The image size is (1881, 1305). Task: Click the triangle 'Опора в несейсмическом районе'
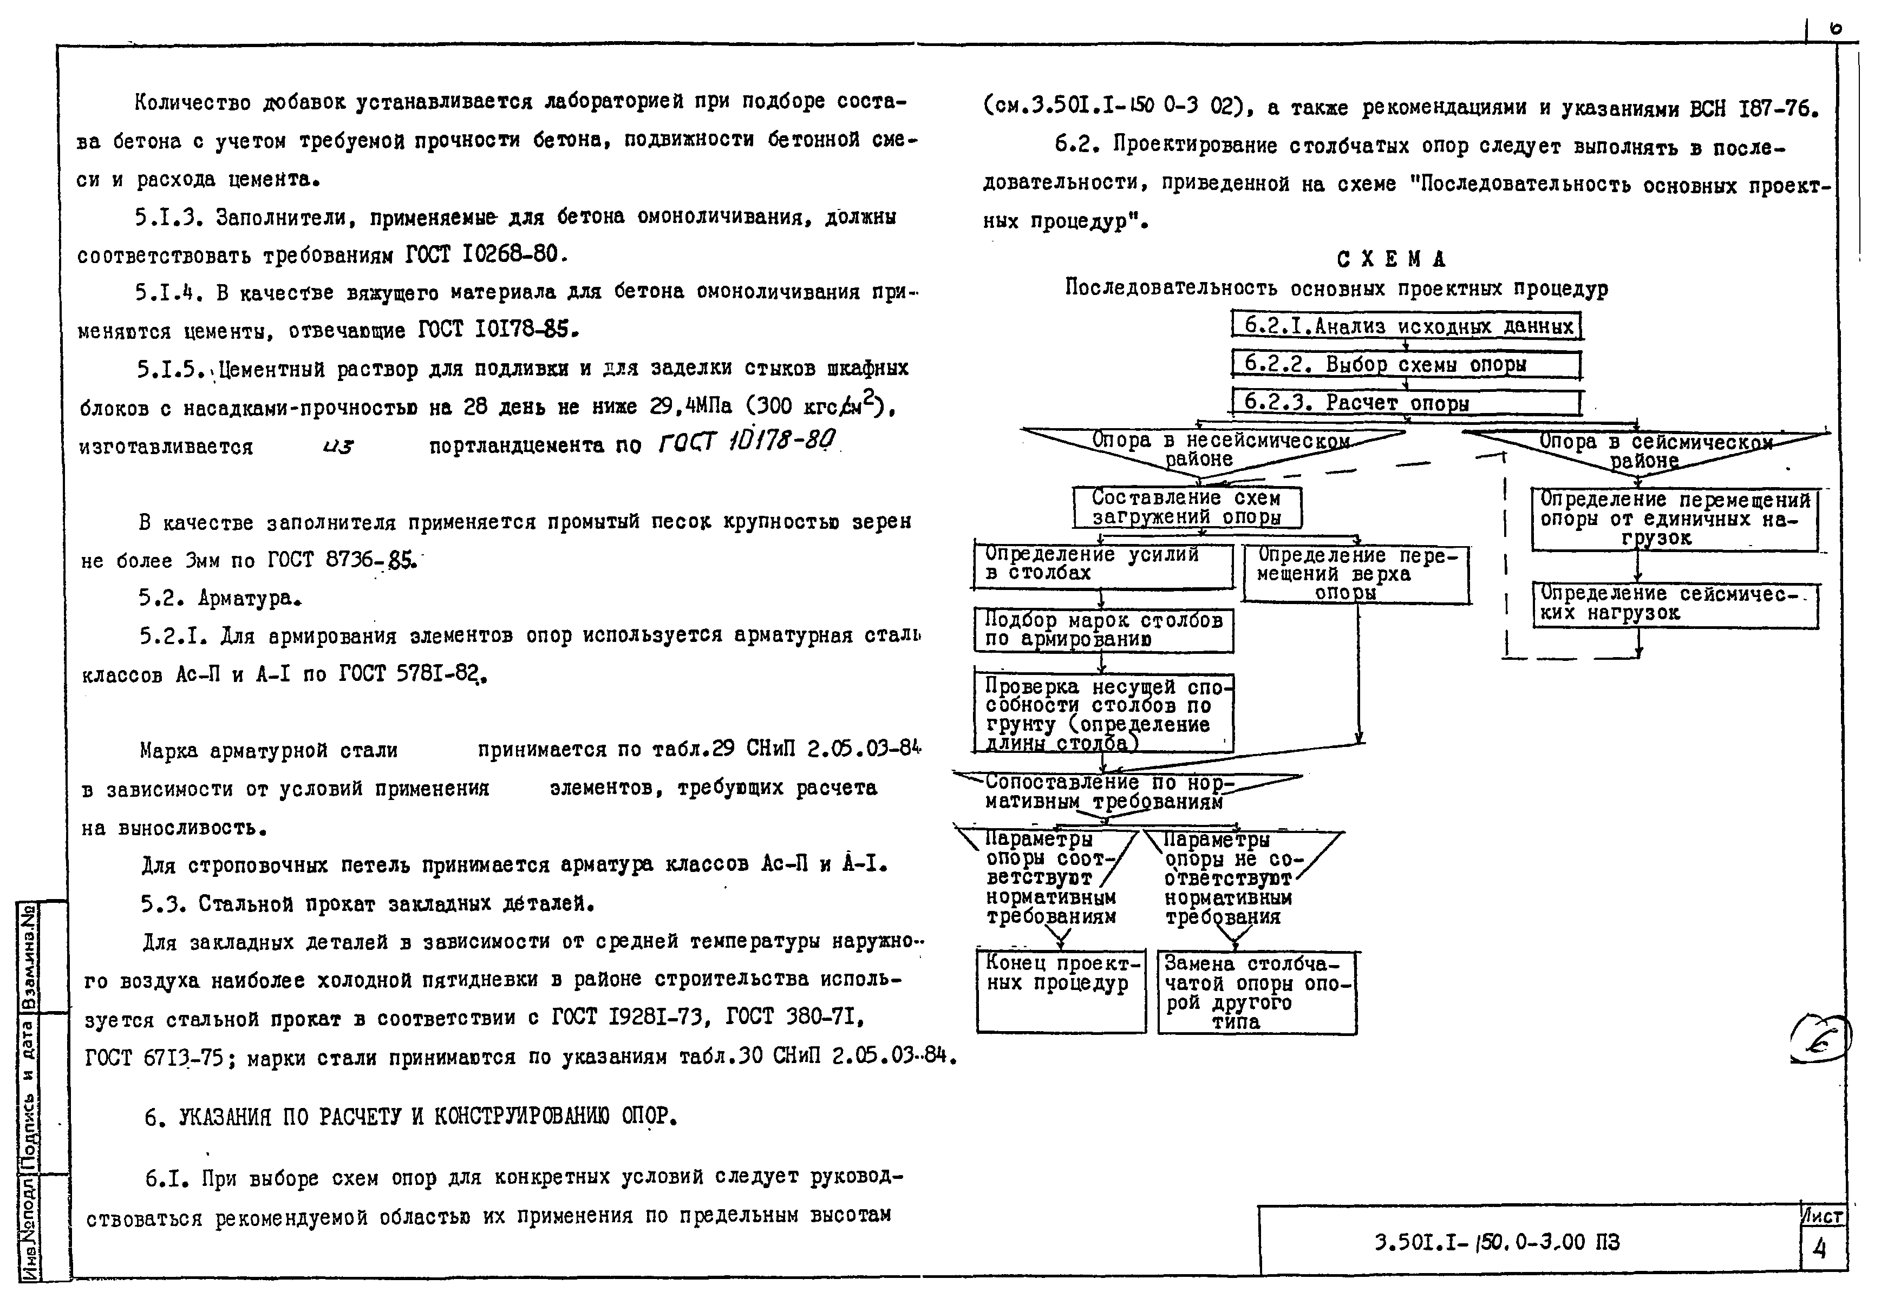pos(1210,449)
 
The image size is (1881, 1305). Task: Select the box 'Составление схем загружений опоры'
pos(1187,508)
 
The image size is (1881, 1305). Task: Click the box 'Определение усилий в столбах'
pos(1102,564)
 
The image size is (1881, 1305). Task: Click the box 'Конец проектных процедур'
pos(1061,990)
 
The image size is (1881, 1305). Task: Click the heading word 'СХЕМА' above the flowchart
pos(1391,260)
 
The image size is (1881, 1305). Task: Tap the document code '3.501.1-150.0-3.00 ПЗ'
pos(1496,1243)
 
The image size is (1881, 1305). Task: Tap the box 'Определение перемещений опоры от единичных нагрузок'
pos(1674,519)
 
